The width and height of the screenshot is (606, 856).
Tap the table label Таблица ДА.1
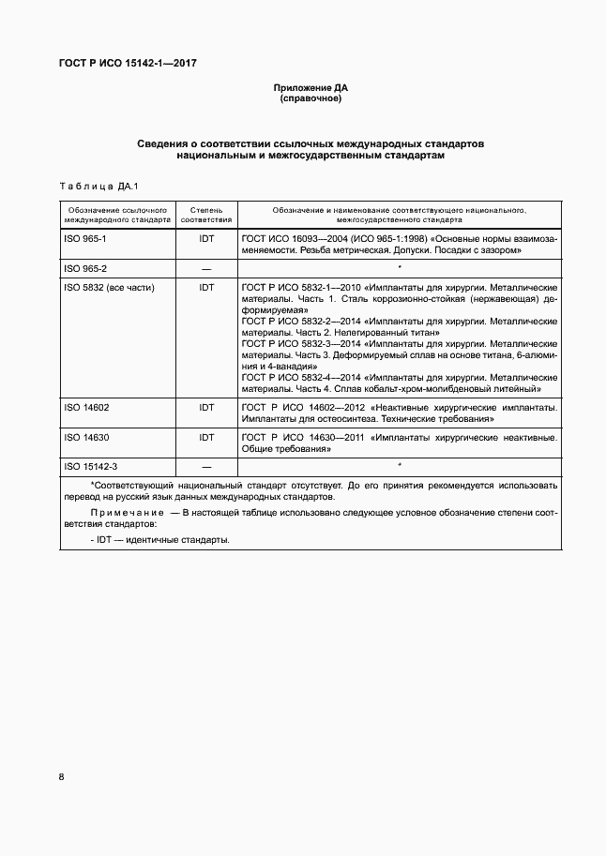99,186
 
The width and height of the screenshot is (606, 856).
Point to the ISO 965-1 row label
85,239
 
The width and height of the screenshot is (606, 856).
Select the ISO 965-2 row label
85,269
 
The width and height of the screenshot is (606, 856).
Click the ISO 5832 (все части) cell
109,287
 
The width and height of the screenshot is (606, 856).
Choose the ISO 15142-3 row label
90,466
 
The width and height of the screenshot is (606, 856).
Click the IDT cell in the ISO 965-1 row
206,239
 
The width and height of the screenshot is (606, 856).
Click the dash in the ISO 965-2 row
206,269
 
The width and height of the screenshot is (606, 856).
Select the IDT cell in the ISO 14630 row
206,437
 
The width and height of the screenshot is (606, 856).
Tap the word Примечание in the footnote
128,515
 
